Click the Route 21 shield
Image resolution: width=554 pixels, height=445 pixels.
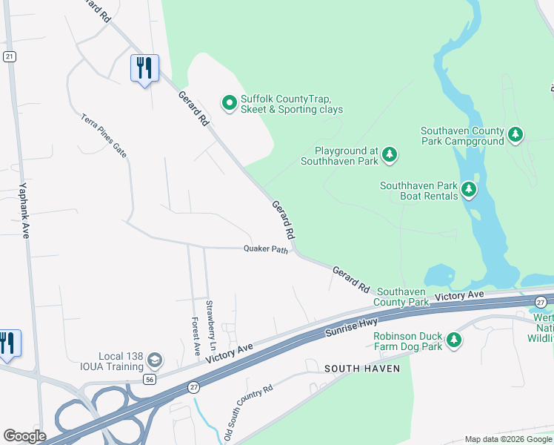tap(9, 57)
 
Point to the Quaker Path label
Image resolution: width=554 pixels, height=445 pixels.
tap(265, 250)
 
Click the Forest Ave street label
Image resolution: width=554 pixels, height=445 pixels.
tap(196, 336)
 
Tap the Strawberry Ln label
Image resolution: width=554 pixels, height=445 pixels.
tap(211, 325)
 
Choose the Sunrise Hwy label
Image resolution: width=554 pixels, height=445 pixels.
tap(352, 326)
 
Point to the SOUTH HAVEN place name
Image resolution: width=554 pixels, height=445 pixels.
tap(362, 369)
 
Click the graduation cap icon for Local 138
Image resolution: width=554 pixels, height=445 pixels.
tap(155, 360)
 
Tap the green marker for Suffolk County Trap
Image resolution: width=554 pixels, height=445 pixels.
tap(230, 102)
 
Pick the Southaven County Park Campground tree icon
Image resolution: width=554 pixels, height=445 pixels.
tap(515, 135)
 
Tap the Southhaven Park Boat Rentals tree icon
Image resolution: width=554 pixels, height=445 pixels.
tap(468, 191)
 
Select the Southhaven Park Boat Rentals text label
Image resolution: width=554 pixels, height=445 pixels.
tap(419, 191)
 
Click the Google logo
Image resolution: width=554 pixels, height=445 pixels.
tap(24, 436)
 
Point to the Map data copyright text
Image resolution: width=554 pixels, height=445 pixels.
tap(509, 439)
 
